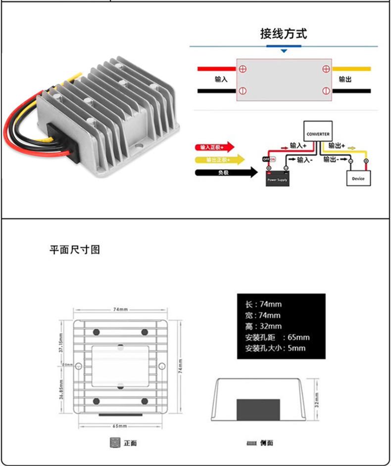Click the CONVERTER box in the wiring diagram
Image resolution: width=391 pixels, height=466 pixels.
coord(317,133)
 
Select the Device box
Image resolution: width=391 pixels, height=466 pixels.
coord(358,178)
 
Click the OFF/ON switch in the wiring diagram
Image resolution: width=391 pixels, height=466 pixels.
coord(269,159)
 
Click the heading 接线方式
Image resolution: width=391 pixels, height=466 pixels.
coord(284,34)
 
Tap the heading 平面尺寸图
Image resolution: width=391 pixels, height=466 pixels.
coord(75,250)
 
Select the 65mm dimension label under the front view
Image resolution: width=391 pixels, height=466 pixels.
coord(120,425)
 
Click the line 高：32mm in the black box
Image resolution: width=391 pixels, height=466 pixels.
coord(263,326)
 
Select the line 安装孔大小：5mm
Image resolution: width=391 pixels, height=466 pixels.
coord(275,348)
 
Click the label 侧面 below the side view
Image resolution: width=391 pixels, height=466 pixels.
coord(266,443)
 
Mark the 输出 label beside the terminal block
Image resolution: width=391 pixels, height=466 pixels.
coord(345,79)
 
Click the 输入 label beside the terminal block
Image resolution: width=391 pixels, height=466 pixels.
coord(221,79)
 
